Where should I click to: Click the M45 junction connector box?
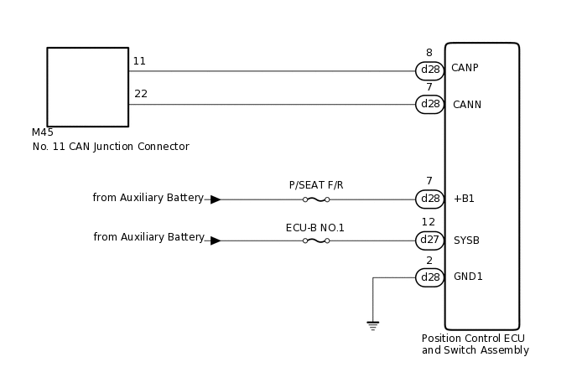[x=87, y=87]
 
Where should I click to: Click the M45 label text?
[x=43, y=132]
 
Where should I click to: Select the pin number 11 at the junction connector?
[x=139, y=61]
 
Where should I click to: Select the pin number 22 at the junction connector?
[x=141, y=94]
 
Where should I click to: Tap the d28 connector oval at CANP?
[x=429, y=70]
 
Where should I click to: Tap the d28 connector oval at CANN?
[x=429, y=105]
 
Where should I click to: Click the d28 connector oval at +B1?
[x=429, y=199]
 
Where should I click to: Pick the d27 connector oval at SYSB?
[x=429, y=241]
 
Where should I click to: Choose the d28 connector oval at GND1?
[x=429, y=277]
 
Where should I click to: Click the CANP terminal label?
[x=465, y=68]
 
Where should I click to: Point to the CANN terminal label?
[x=465, y=105]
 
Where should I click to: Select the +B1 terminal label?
[x=464, y=199]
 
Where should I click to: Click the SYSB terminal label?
[x=466, y=241]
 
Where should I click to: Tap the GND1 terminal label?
[x=468, y=277]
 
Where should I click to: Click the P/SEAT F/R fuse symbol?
[x=315, y=199]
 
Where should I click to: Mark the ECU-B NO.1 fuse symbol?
[x=315, y=241]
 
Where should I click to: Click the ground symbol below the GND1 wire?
[x=373, y=325]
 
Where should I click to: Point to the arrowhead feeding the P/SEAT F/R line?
[x=216, y=199]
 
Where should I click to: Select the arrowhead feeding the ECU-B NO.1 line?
[x=216, y=241]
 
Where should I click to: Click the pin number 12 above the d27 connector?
[x=429, y=222]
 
